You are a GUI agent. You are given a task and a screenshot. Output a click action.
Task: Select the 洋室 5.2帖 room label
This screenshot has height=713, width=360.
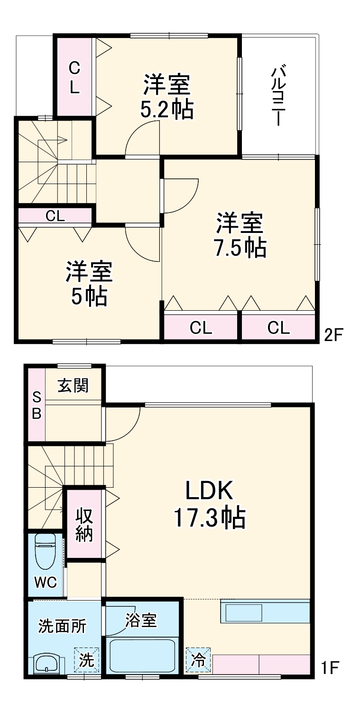coord(167,97)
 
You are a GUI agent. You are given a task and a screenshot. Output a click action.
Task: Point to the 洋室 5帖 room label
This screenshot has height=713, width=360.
coord(89,284)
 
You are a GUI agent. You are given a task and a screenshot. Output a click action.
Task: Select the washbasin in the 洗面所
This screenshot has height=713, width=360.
coord(46,663)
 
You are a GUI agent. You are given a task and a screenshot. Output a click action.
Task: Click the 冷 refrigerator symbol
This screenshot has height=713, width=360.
coord(198,660)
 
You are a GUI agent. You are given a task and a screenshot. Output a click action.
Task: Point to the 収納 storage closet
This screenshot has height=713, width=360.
coord(84,524)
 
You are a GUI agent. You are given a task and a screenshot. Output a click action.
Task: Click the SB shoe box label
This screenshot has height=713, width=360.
coord(37,405)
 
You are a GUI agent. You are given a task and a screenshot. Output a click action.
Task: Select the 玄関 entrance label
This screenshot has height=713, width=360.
coord(74,386)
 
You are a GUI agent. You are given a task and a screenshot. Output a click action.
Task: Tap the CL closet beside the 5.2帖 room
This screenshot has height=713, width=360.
coord(74,78)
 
